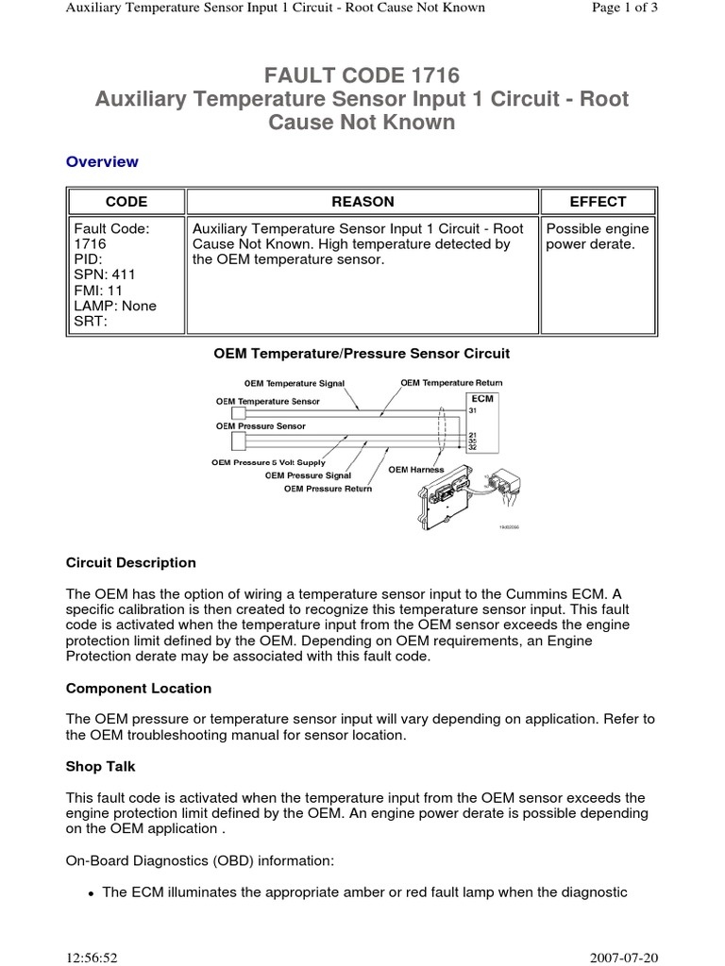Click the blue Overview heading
(x=102, y=161)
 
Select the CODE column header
(x=126, y=202)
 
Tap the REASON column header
(x=362, y=202)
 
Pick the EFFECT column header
(x=598, y=202)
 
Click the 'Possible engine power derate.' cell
(x=598, y=237)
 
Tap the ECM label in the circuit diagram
(x=481, y=399)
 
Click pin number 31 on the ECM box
(x=474, y=410)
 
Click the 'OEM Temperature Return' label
(x=451, y=383)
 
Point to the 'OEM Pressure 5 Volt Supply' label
(x=268, y=462)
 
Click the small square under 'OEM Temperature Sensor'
(x=226, y=414)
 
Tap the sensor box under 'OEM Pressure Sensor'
(x=226, y=439)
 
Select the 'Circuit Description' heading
(x=131, y=563)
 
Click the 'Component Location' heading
(x=139, y=689)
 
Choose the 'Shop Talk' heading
(x=101, y=767)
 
